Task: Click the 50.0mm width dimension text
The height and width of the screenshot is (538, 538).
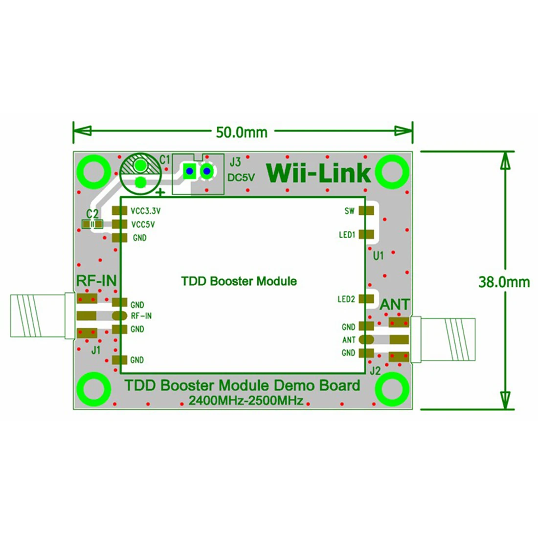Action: [242, 132]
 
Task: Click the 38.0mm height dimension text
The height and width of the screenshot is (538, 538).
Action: [504, 282]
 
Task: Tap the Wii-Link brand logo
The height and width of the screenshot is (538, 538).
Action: [318, 173]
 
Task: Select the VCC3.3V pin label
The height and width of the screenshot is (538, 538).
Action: [145, 211]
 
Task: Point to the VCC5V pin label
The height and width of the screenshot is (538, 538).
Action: [143, 224]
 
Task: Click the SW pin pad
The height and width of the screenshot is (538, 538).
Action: [366, 211]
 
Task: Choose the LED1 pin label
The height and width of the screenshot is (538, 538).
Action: [347, 235]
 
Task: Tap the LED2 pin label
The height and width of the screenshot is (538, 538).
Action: [346, 299]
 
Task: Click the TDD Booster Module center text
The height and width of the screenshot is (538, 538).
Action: [239, 281]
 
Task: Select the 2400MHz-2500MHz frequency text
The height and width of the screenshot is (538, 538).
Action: [246, 401]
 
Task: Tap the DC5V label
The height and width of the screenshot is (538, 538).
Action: [241, 178]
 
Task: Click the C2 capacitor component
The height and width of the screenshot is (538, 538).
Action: [92, 224]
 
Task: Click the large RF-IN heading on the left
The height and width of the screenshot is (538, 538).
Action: [96, 281]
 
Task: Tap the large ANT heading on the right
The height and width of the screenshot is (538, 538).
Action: [395, 304]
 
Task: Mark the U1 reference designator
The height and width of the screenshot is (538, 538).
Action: [378, 256]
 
